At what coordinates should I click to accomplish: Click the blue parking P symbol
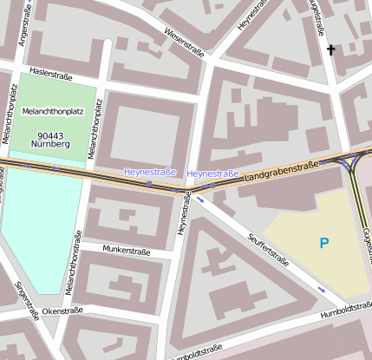point(324,244)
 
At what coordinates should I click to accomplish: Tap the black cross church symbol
point(330,50)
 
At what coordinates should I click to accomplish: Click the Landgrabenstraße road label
point(281,169)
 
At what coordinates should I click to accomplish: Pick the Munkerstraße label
point(126,251)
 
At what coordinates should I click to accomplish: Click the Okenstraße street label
point(62,310)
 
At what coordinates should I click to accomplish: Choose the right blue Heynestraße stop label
point(212,174)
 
